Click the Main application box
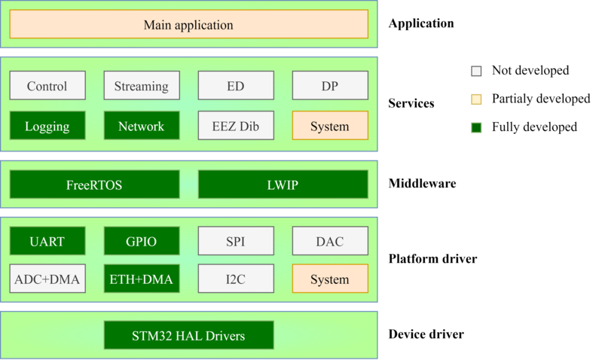(188, 25)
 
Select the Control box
(47, 86)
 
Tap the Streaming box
(142, 86)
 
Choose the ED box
(236, 86)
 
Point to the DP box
(330, 86)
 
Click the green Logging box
(47, 126)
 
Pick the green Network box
(142, 126)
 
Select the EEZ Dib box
(236, 126)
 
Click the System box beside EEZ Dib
(330, 126)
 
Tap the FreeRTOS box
(94, 185)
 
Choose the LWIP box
(283, 185)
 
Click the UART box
(47, 242)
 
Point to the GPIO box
(142, 242)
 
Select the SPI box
(236, 242)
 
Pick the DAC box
(330, 242)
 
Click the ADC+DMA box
(47, 279)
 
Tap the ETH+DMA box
(142, 279)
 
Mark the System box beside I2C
(330, 279)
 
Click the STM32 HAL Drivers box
(188, 335)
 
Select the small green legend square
(476, 127)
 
